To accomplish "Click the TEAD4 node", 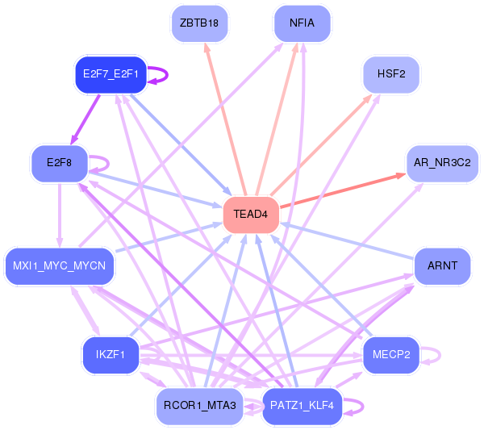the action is [251, 215].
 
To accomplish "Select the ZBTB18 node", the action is [199, 23].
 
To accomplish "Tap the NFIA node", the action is [302, 23].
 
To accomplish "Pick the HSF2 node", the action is [391, 74].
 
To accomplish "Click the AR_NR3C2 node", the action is [442, 163].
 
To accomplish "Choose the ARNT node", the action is [442, 265].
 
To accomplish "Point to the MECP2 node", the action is [391, 354].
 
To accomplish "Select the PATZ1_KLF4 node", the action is [302, 406].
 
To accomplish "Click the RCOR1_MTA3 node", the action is [199, 406].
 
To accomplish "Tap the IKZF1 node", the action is [111, 354].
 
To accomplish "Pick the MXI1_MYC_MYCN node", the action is [59, 265].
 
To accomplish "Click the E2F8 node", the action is [59, 163].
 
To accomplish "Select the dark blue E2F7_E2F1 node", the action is [111, 74].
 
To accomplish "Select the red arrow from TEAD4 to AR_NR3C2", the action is [343, 190].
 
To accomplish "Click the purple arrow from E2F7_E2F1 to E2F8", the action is [86, 119].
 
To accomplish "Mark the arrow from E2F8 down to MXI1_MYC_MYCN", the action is [60, 215].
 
